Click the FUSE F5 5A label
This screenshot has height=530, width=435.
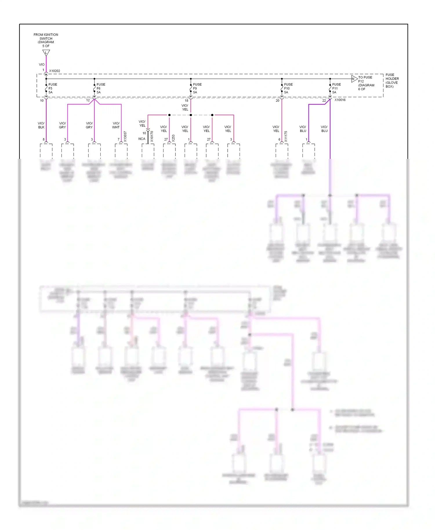(x=52, y=88)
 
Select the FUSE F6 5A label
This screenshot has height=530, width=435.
(x=100, y=88)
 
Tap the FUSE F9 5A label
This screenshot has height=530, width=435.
(x=197, y=88)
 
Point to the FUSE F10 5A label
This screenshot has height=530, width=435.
(x=288, y=88)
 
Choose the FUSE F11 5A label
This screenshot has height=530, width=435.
(x=336, y=88)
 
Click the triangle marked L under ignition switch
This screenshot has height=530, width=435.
(x=46, y=53)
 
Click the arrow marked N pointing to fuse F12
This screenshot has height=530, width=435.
(x=354, y=79)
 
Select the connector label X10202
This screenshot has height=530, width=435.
(x=55, y=71)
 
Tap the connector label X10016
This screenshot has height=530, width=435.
(x=340, y=100)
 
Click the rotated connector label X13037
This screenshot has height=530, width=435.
(x=125, y=137)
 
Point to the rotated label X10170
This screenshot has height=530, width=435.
(x=152, y=137)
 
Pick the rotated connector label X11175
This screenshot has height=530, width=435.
(x=286, y=137)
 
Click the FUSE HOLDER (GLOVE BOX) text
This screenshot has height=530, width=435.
(x=392, y=81)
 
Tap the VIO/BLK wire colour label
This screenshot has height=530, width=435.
(x=41, y=125)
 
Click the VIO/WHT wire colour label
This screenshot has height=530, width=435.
(x=116, y=125)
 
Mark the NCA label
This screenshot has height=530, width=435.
(x=142, y=139)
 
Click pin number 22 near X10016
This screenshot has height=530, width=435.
(x=324, y=101)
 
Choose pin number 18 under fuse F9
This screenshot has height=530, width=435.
(x=186, y=101)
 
